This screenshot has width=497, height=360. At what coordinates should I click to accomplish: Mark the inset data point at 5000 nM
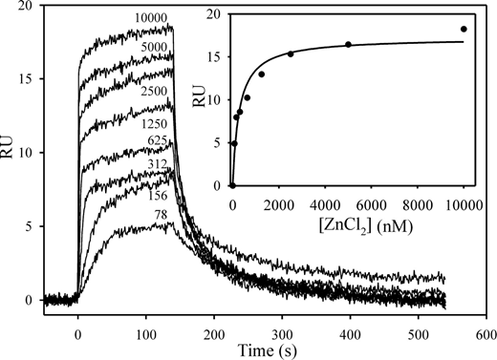(348, 45)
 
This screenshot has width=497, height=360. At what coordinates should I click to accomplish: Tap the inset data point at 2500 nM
(291, 53)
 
